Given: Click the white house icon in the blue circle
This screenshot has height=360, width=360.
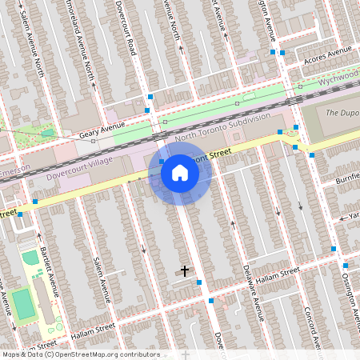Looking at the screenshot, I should (180, 173).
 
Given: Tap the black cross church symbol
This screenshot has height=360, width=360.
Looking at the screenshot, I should (185, 271).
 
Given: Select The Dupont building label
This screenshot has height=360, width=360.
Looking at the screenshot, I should (342, 111).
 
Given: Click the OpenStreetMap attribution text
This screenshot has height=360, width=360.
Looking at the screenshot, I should (80, 354).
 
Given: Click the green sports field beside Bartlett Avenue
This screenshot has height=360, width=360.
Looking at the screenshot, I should (24, 305).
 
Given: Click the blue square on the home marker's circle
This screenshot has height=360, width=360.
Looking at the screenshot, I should (162, 161).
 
